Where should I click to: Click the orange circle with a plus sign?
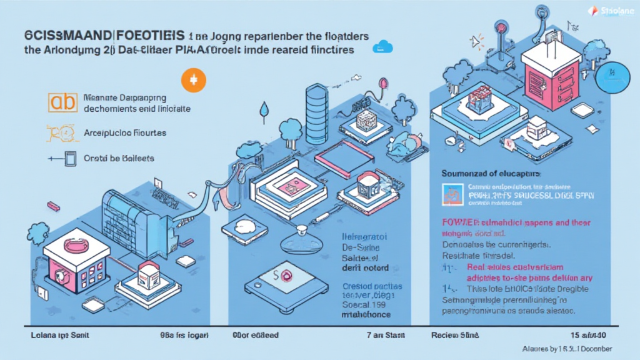pos(192,81)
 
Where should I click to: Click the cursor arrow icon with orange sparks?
pos(478,41)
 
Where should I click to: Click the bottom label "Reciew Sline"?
pos(455,335)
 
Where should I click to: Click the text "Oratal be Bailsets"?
pos(119,159)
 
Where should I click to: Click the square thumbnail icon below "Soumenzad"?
pos(451,195)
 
